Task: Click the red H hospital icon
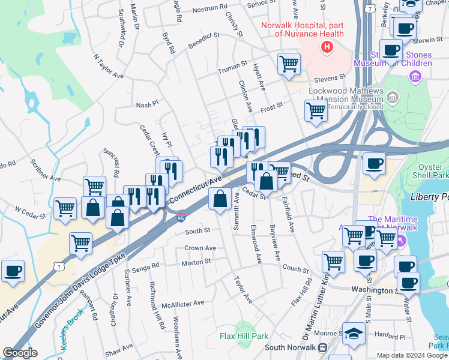click(327, 47)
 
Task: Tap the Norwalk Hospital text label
click(302, 29)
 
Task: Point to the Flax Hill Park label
click(244, 337)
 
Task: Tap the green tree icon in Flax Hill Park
click(243, 326)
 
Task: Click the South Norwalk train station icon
click(322, 347)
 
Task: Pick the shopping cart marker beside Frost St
click(316, 110)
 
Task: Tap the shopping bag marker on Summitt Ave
click(220, 198)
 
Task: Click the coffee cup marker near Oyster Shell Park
click(375, 163)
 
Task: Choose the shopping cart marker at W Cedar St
click(65, 209)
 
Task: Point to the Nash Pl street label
click(147, 104)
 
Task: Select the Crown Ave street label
click(200, 248)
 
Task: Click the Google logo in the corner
click(20, 353)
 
